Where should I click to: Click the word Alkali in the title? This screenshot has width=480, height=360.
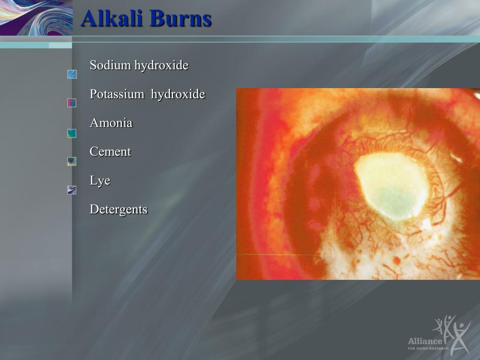(x=112, y=18)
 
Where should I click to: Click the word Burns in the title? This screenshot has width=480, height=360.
(x=181, y=18)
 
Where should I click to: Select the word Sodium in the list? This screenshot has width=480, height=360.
(x=111, y=65)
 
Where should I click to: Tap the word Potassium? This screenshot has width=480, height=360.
(x=117, y=94)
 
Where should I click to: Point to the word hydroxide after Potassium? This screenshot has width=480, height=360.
(x=178, y=94)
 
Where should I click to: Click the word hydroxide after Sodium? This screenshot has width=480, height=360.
(x=161, y=65)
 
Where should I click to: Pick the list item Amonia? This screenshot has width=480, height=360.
(x=111, y=123)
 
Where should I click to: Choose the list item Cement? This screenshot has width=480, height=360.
(x=110, y=151)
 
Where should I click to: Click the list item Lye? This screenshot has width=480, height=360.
(x=100, y=180)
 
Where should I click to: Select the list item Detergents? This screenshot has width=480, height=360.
(x=119, y=210)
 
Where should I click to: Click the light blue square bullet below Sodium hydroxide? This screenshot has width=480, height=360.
(x=72, y=75)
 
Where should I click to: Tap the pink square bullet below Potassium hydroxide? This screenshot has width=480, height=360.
(x=72, y=103)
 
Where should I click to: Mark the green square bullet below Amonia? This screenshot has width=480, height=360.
(x=72, y=134)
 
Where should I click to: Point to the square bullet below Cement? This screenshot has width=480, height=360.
(x=72, y=162)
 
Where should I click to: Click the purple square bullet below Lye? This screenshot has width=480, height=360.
(x=72, y=190)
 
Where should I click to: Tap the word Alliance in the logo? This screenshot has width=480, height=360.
(x=425, y=341)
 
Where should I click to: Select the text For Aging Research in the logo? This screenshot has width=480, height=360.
(x=428, y=348)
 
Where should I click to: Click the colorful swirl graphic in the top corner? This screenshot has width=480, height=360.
(x=36, y=17)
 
